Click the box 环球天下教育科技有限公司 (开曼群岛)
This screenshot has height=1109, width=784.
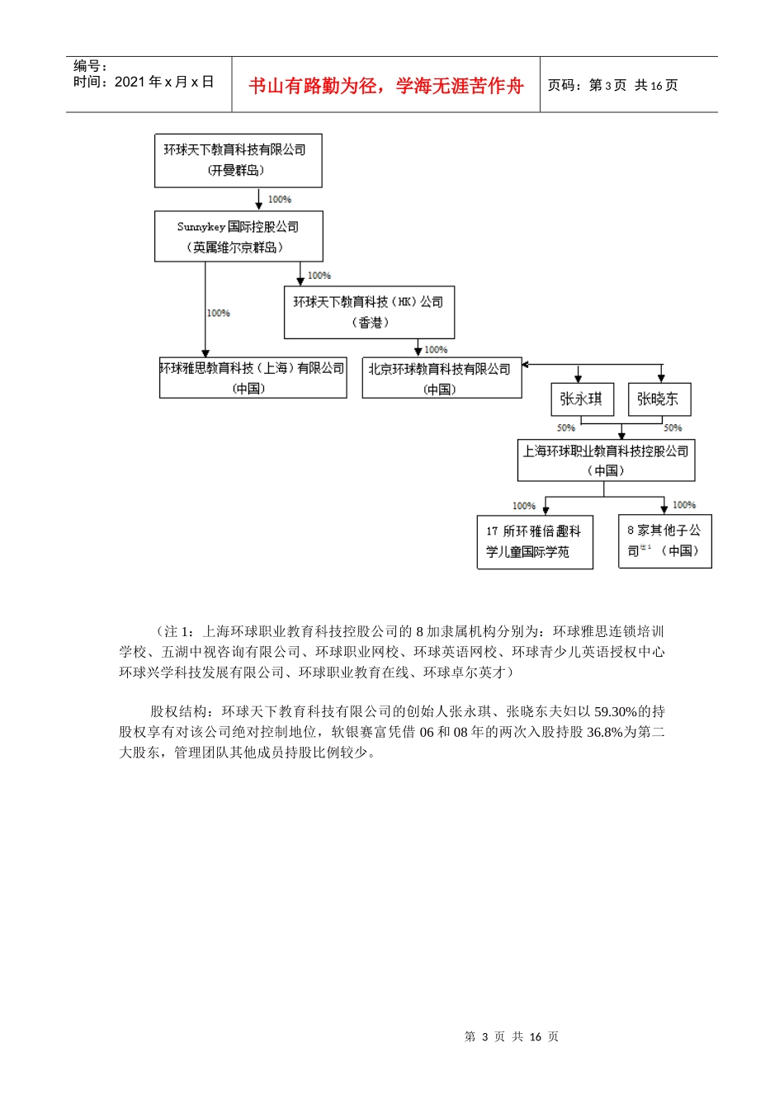tap(238, 160)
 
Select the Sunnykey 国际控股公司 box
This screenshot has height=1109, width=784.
tap(239, 237)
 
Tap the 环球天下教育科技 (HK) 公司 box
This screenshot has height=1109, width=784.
tap(369, 313)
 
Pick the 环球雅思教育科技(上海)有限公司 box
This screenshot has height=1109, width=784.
tap(253, 378)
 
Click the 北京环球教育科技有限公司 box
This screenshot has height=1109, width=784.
tap(442, 379)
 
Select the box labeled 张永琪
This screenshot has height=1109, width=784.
tap(582, 399)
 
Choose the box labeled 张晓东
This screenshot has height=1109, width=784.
tap(659, 399)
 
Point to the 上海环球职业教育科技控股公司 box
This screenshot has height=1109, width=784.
tap(606, 460)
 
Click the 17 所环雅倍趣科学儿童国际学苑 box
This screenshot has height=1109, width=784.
tap(535, 542)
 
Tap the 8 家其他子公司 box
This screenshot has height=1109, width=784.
tap(664, 541)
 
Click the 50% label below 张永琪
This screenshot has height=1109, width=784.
tap(566, 427)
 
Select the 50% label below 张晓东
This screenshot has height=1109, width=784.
tap(673, 427)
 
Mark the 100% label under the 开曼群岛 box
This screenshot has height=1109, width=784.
tap(280, 200)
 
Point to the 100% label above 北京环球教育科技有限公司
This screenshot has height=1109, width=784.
tap(436, 350)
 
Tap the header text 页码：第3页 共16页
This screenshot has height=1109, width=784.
tap(612, 85)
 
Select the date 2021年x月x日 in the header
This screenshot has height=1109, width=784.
tap(163, 82)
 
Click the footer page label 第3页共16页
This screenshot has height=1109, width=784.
tap(512, 1036)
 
